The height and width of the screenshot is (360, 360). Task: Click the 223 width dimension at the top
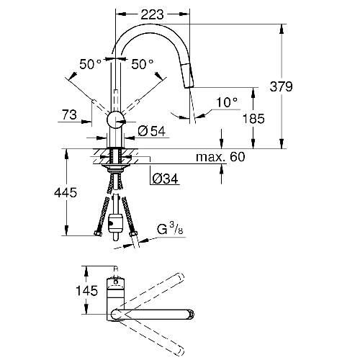pyautogui.click(x=152, y=14)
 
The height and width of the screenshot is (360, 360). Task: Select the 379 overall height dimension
pyautogui.click(x=281, y=86)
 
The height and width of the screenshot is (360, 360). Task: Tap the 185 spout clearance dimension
pyautogui.click(x=253, y=119)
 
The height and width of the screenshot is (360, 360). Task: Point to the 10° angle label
pyautogui.click(x=227, y=102)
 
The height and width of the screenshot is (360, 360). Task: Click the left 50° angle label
pyautogui.click(x=91, y=64)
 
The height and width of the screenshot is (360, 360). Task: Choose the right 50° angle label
pyautogui.click(x=143, y=64)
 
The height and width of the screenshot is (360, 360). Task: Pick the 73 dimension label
pyautogui.click(x=69, y=114)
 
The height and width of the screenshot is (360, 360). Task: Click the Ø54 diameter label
pyautogui.click(x=152, y=131)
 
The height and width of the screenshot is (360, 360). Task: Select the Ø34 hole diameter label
pyautogui.click(x=166, y=179)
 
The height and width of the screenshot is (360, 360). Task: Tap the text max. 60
pyautogui.click(x=220, y=157)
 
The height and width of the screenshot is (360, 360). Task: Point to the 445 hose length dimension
pyautogui.click(x=66, y=192)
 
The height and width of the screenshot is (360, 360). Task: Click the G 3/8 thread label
pyautogui.click(x=170, y=228)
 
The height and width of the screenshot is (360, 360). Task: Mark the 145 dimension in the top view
pyautogui.click(x=87, y=291)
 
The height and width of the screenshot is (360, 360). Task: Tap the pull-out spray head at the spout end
pyautogui.click(x=189, y=76)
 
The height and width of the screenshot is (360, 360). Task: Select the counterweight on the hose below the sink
pyautogui.click(x=115, y=224)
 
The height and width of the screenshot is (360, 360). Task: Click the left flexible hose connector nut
pyautogui.click(x=98, y=233)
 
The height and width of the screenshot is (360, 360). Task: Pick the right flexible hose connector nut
pyautogui.click(x=132, y=234)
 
